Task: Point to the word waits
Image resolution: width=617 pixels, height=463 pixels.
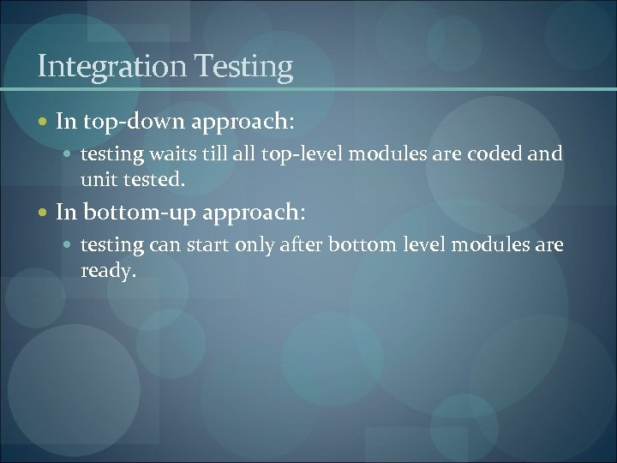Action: [171, 154]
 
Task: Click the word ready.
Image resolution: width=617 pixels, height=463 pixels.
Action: [108, 271]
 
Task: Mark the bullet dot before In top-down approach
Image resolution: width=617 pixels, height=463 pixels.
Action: [44, 123]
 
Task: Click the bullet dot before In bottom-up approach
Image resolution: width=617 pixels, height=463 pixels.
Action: [44, 212]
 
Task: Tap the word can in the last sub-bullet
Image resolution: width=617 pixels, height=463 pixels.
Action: [165, 244]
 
